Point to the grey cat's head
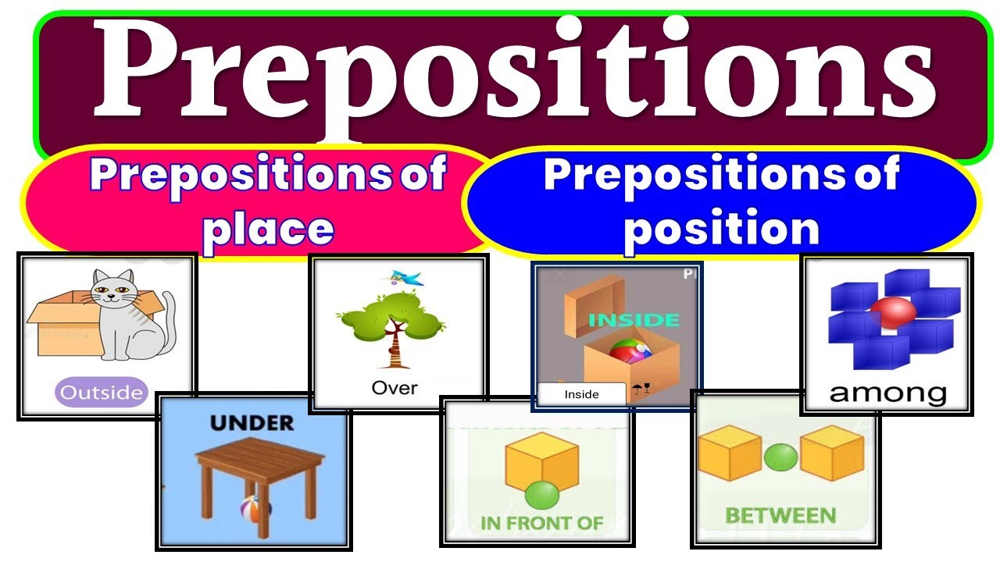pos(112,293)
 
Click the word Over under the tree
pos(395,387)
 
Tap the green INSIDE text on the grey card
pos(634,320)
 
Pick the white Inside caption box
pos(581,394)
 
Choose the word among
pos(887,393)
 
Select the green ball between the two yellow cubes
pos(779,457)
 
